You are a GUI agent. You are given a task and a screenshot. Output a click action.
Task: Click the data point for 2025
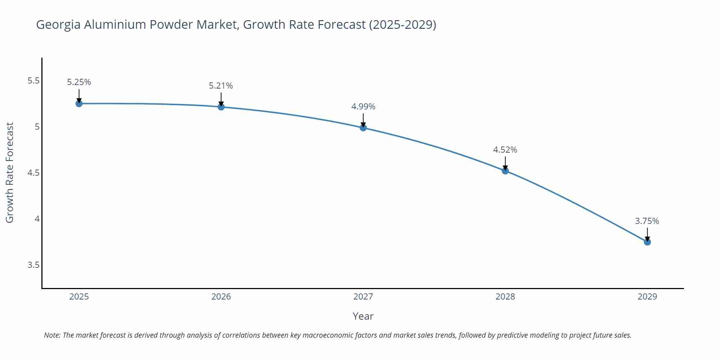pos(79,104)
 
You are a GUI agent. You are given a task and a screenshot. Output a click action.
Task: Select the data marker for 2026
pos(221,107)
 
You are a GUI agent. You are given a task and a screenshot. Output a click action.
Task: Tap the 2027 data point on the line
pos(363,127)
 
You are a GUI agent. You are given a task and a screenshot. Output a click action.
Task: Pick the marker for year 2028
pos(505,171)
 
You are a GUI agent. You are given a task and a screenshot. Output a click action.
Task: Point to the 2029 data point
pos(647,242)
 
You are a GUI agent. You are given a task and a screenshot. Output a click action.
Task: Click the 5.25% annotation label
pos(79,82)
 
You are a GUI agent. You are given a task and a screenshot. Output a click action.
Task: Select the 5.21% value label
pos(221,86)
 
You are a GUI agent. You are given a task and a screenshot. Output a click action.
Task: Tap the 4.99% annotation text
pos(363,107)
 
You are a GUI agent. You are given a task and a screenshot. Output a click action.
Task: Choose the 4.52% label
pos(505,150)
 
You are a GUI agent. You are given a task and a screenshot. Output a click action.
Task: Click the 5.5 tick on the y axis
pos(33,81)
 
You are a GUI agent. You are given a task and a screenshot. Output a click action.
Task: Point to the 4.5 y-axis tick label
pos(33,173)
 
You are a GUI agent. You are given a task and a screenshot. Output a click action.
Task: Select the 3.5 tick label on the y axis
pos(33,265)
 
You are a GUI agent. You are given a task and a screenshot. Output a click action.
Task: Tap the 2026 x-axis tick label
pos(221,297)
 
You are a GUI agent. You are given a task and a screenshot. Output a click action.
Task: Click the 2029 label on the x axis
pos(647,297)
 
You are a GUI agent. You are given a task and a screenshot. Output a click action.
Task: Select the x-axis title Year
pos(363,316)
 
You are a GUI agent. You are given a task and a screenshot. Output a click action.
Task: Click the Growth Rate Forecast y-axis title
pos(10,173)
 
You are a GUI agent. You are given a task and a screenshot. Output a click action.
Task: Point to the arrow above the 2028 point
pos(505,163)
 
